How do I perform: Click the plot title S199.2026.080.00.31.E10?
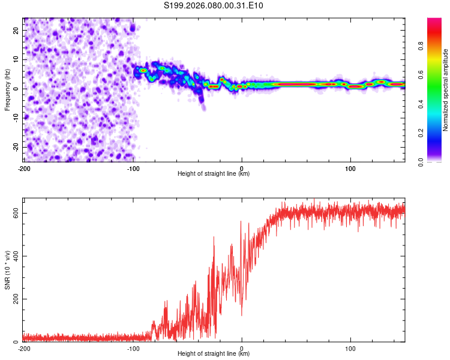coord(214,6)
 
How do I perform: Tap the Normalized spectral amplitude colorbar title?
coord(445,90)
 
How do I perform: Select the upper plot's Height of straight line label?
coord(214,173)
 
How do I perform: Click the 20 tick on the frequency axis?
coord(16,30)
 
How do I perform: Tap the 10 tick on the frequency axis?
coord(16,59)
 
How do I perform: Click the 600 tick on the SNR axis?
coord(13,213)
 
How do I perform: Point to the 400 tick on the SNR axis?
coord(13,256)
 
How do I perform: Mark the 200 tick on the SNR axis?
coord(13,299)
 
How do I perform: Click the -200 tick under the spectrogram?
coord(24,167)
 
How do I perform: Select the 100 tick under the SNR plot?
coord(350,347)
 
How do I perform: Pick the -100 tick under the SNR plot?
coord(133,347)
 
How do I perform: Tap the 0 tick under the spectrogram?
coord(242,167)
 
